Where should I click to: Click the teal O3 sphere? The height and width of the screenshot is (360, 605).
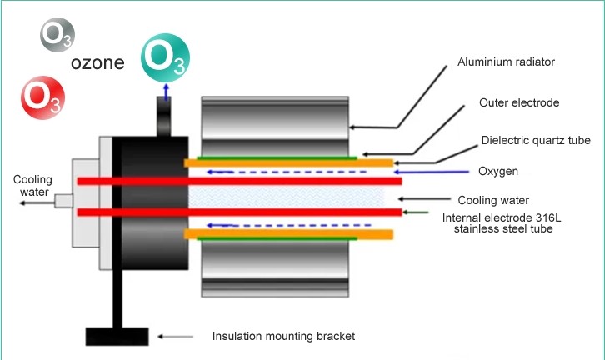[165, 56]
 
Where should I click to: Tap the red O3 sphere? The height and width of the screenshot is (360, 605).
[41, 95]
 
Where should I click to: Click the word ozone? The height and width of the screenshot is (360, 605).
[98, 63]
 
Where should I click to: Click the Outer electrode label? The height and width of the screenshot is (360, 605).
[518, 103]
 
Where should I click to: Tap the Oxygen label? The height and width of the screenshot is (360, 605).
[498, 172]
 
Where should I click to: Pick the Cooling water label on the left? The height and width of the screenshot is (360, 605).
[31, 186]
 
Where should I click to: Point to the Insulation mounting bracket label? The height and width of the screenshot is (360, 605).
[283, 337]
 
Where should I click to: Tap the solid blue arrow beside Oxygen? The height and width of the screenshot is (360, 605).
[442, 172]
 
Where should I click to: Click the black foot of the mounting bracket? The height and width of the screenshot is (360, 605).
[117, 336]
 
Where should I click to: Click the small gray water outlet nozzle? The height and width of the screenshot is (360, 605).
[63, 200]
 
